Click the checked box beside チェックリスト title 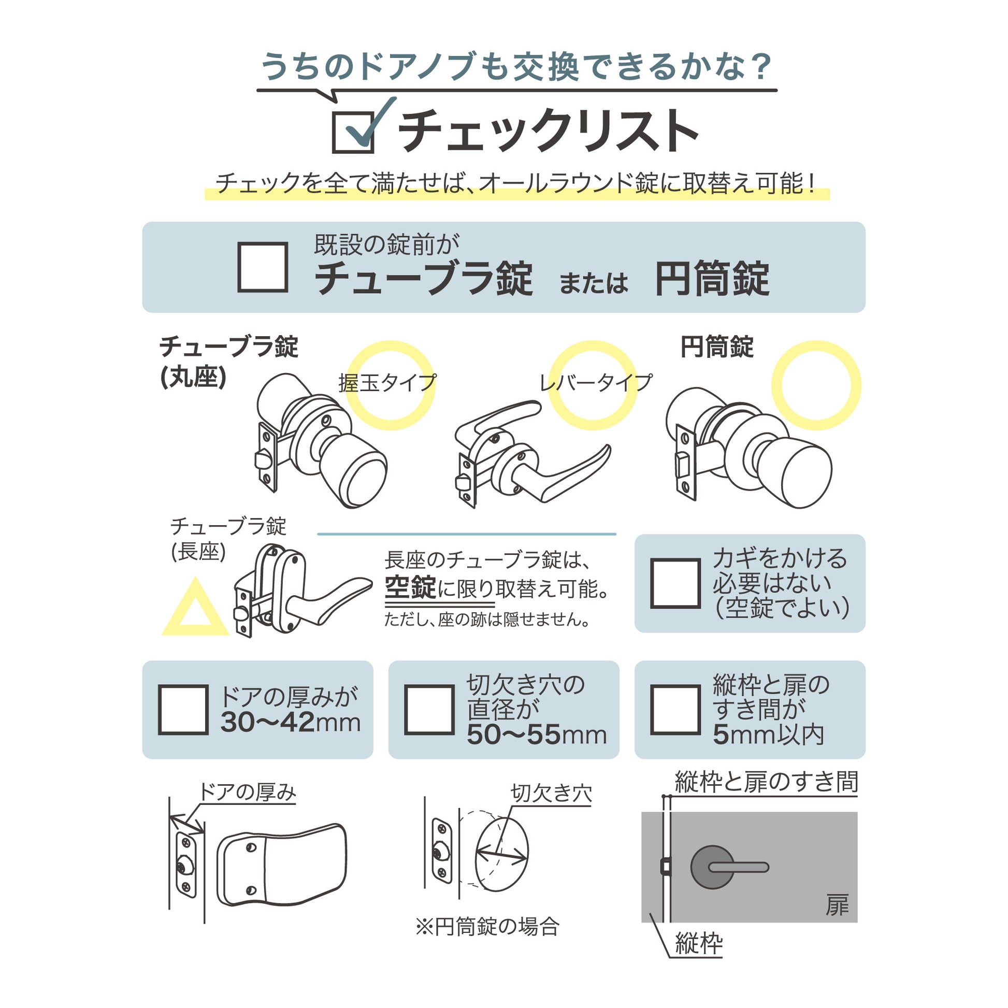(x=353, y=133)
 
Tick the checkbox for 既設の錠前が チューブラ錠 (x=263, y=267)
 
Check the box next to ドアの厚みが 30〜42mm (x=183, y=710)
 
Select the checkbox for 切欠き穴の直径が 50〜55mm (x=429, y=710)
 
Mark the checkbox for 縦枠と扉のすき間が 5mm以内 (x=675, y=710)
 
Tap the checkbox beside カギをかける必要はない (x=675, y=583)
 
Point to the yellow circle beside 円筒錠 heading (x=816, y=385)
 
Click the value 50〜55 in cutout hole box (x=514, y=735)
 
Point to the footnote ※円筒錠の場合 (x=487, y=927)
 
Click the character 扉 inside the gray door (x=837, y=905)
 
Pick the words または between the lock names (x=593, y=284)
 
